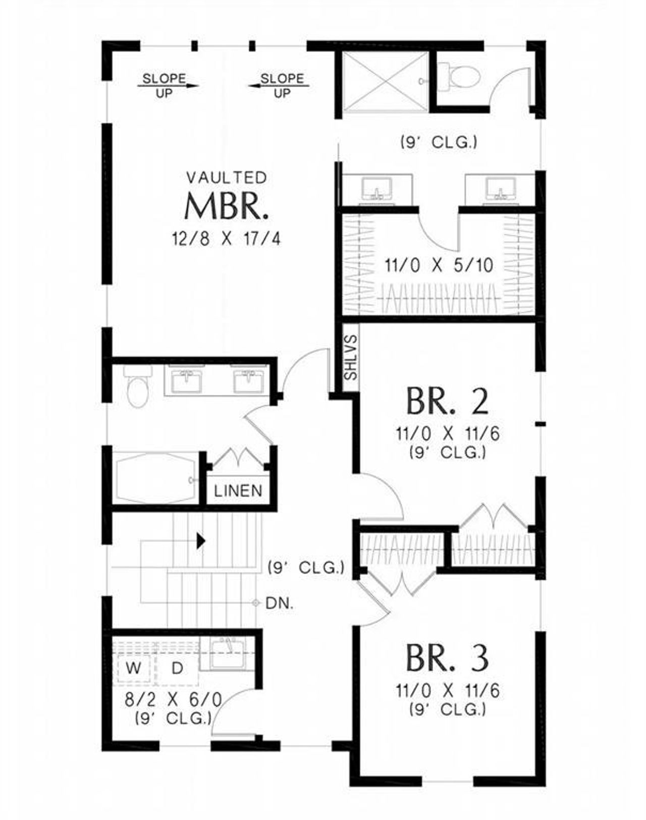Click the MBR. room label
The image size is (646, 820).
(x=226, y=206)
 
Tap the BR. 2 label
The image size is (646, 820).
(x=447, y=401)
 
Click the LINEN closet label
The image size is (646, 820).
(x=238, y=490)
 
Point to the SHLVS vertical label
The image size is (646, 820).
(x=351, y=358)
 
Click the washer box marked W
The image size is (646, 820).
(x=134, y=669)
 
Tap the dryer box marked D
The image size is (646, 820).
(x=177, y=669)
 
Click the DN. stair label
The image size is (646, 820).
(x=279, y=603)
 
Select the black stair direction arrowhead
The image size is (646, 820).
(x=200, y=541)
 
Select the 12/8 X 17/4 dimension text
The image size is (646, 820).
(x=226, y=238)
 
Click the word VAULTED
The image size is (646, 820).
(x=226, y=177)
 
